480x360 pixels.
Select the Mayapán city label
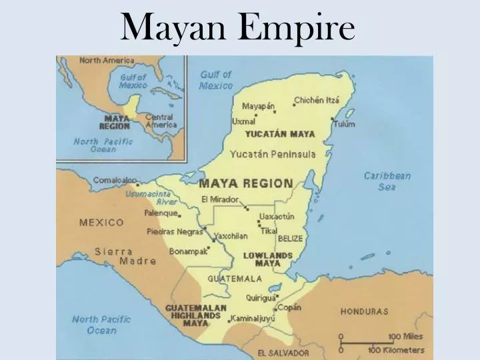[x=258, y=106]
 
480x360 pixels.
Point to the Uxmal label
[x=243, y=121]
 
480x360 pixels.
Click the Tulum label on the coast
[x=345, y=124]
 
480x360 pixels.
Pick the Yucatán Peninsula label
[x=273, y=154]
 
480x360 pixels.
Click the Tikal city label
[x=269, y=231]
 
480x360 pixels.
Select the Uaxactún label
[x=277, y=216]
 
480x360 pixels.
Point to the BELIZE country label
[x=290, y=238]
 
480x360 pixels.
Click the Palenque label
[x=161, y=213]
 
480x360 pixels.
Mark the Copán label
[x=289, y=307]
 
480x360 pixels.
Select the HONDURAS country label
[x=364, y=311]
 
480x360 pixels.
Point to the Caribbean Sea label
[x=387, y=181]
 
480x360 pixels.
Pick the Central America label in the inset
[x=160, y=121]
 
